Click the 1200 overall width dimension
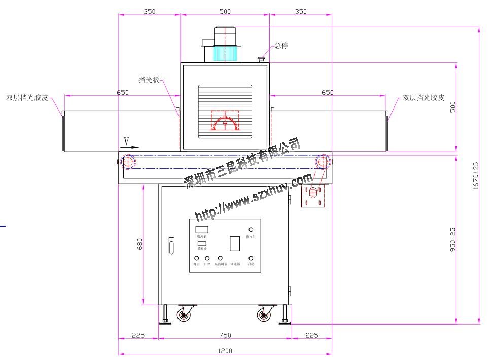(x=225, y=351)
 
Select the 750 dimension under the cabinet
(x=225, y=335)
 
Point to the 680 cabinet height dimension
(x=140, y=244)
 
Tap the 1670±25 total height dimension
(x=476, y=175)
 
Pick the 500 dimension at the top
(x=225, y=11)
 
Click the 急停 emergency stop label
(x=281, y=45)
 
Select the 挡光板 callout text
(x=149, y=80)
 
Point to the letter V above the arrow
(x=126, y=140)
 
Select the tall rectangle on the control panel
(x=235, y=244)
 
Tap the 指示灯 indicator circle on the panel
(x=251, y=230)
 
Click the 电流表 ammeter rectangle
(x=202, y=230)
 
